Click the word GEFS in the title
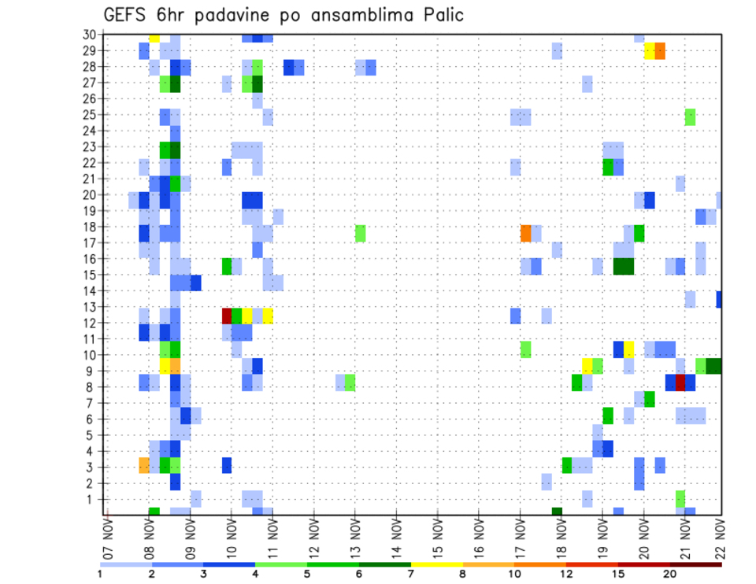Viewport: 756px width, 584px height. coord(123,15)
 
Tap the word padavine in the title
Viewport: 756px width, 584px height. coord(228,15)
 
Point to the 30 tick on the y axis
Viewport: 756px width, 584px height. coord(92,35)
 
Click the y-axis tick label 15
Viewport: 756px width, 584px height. coord(92,275)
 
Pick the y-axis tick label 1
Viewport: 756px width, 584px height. coord(95,499)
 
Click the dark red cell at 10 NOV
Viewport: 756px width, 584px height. coord(227,316)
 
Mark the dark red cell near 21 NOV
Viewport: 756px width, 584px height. coord(680,383)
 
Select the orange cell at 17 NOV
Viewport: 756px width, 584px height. coord(526,233)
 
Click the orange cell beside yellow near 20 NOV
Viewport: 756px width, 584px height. coord(660,51)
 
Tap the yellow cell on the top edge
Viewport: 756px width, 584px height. coord(154,37)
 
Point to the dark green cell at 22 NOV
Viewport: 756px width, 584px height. coord(713,366)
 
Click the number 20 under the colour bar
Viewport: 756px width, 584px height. coord(670,574)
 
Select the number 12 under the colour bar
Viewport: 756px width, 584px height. coord(567,574)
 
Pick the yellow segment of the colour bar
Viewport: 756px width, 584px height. coord(437,564)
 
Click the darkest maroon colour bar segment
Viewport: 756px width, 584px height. coord(696,564)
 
